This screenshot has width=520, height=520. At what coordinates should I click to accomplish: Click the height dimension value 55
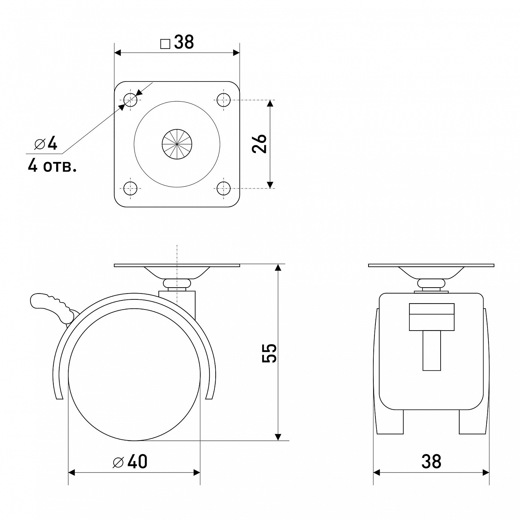pos(269,353)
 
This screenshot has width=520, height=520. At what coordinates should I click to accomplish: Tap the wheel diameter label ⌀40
pos(130,462)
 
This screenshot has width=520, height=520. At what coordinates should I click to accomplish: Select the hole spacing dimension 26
pos(259,143)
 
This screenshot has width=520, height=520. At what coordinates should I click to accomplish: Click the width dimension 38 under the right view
pos(431,462)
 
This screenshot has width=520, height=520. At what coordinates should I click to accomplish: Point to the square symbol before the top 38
pos(165,44)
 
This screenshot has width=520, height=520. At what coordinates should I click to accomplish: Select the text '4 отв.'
pos(52,167)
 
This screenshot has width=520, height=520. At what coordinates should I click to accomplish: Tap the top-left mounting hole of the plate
pos(130,100)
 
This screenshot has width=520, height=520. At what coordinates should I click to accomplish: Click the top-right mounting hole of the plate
pos(224,100)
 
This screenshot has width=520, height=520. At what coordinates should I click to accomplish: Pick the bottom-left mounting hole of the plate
pos(130,189)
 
